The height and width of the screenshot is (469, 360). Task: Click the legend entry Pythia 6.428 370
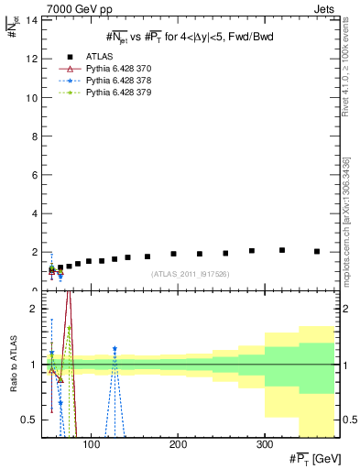119,69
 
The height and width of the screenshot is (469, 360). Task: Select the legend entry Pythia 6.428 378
119,81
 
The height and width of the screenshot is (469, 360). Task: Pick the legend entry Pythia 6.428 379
119,93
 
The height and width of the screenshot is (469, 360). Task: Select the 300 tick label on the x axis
265,446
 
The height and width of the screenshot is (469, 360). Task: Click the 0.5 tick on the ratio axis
28,420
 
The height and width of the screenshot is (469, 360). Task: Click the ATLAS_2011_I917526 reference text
190,274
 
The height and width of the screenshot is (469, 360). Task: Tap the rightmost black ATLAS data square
317,251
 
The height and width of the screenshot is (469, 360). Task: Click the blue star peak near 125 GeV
115,349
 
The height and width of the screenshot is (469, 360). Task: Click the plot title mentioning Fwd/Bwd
190,36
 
